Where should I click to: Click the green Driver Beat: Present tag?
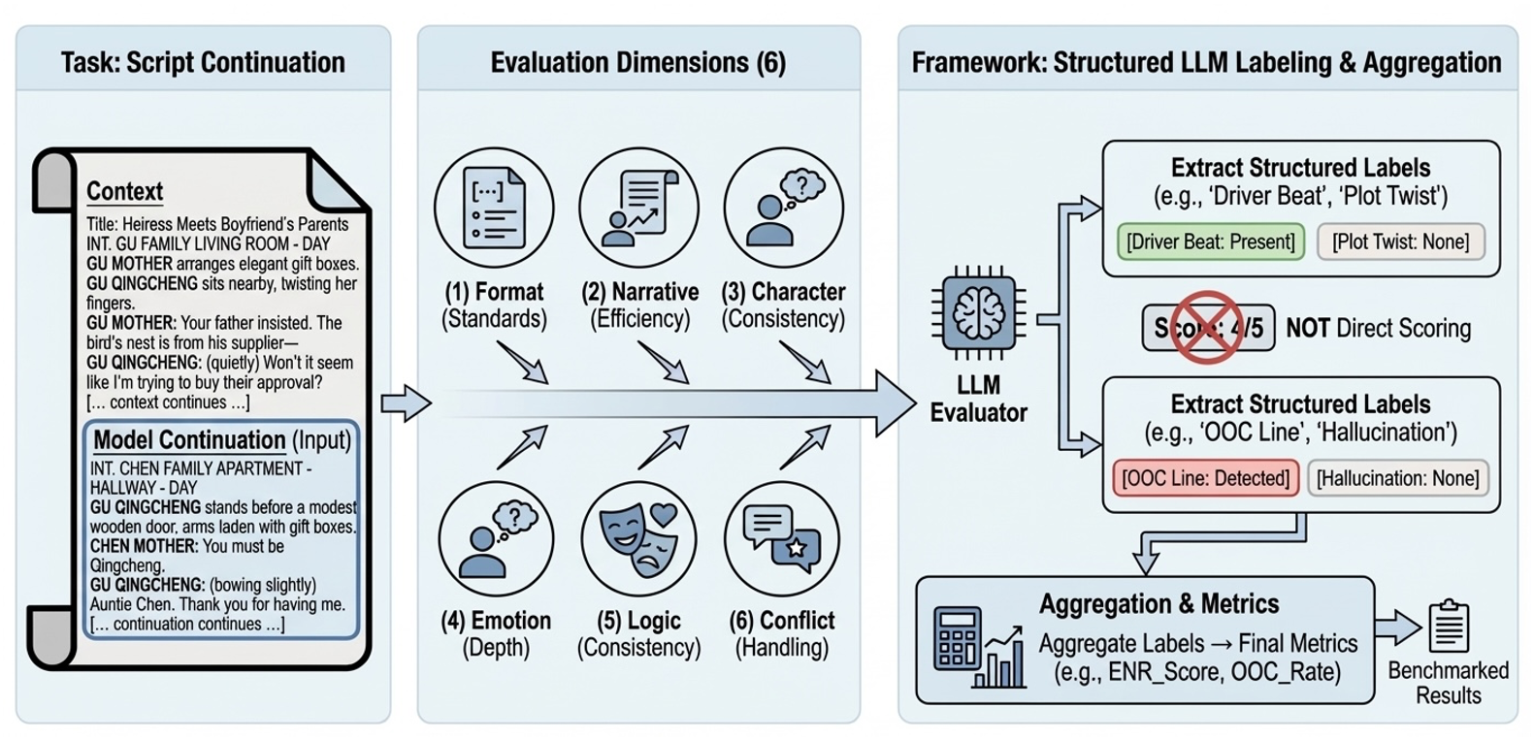1210,241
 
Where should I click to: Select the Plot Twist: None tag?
1400,241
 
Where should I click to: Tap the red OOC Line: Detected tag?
1205,478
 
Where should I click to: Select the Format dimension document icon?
494,208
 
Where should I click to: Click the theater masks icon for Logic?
638,539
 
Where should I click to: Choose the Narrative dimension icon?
638,208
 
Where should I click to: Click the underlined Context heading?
124,191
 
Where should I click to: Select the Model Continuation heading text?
189,439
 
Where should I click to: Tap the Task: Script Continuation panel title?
203,63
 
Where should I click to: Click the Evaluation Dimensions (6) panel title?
637,63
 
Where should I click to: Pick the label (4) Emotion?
496,621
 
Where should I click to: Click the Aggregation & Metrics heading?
1159,604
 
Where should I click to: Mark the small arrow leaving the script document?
405,402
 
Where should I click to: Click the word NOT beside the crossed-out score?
1307,329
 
